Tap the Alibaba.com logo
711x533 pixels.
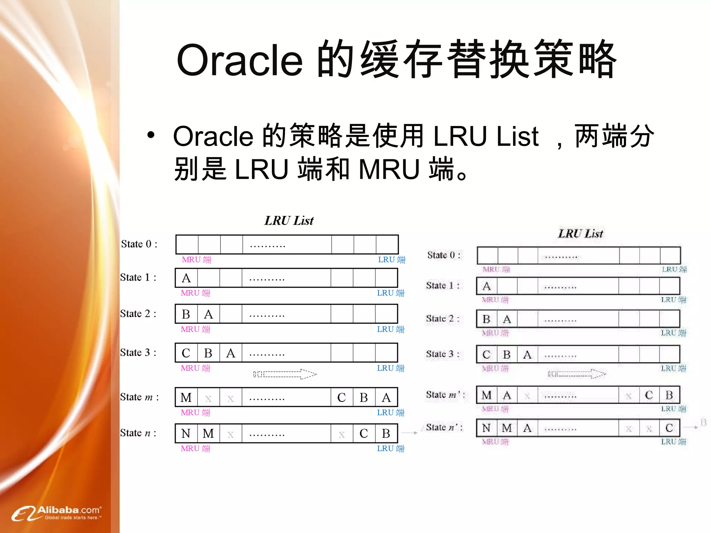pos(57,513)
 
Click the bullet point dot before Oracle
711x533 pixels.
pos(150,135)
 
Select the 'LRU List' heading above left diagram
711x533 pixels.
pos(289,221)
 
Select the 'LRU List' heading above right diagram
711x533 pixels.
pos(580,234)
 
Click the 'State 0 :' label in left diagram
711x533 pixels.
pos(139,244)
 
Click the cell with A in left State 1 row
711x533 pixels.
pos(186,278)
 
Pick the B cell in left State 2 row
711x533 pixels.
pos(186,314)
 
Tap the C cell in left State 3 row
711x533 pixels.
pos(186,353)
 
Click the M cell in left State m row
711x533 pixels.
pos(186,398)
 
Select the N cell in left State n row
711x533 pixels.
pos(186,433)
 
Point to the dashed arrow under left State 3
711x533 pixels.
pos(285,374)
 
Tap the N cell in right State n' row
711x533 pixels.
pos(486,428)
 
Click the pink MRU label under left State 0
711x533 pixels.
pos(196,260)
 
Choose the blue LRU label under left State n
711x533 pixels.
pos(391,448)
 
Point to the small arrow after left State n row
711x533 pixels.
pos(409,433)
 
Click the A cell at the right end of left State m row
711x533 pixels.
pos(386,398)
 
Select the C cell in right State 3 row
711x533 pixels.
pos(486,355)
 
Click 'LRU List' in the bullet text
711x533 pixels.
pos(486,136)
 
